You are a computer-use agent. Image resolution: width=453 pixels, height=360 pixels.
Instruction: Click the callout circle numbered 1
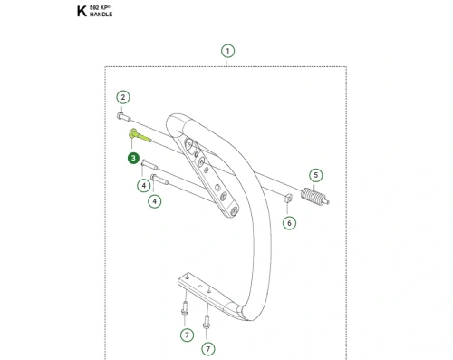point(227,51)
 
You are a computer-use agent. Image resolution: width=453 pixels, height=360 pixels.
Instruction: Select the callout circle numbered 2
point(123,97)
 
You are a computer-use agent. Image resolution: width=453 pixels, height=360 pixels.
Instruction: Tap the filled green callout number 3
point(133,158)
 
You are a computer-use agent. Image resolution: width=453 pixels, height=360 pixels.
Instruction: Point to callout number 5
point(316,175)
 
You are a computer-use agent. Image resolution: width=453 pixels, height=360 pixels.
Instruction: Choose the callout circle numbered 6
point(289,223)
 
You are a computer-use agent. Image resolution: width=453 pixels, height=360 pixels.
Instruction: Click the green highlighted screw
point(140,136)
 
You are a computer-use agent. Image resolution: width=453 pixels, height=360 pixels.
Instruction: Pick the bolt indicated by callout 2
point(123,117)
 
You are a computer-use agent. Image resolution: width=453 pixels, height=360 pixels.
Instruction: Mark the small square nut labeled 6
point(288,199)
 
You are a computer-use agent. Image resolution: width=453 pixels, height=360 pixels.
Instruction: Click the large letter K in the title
point(82,12)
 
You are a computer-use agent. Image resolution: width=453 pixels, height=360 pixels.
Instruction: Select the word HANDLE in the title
point(101,15)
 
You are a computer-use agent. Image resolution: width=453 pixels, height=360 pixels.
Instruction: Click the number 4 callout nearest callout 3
point(144,185)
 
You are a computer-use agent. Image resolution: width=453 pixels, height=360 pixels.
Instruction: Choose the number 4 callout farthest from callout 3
point(155,201)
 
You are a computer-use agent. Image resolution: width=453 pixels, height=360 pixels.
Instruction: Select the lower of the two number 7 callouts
point(207,349)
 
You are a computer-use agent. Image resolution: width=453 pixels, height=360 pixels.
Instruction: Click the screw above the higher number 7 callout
point(185,308)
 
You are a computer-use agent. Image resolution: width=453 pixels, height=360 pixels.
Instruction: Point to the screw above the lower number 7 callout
point(207,322)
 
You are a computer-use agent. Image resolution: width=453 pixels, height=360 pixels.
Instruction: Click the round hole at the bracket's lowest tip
point(234,211)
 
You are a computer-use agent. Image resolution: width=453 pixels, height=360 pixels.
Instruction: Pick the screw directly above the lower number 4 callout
point(159,180)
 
